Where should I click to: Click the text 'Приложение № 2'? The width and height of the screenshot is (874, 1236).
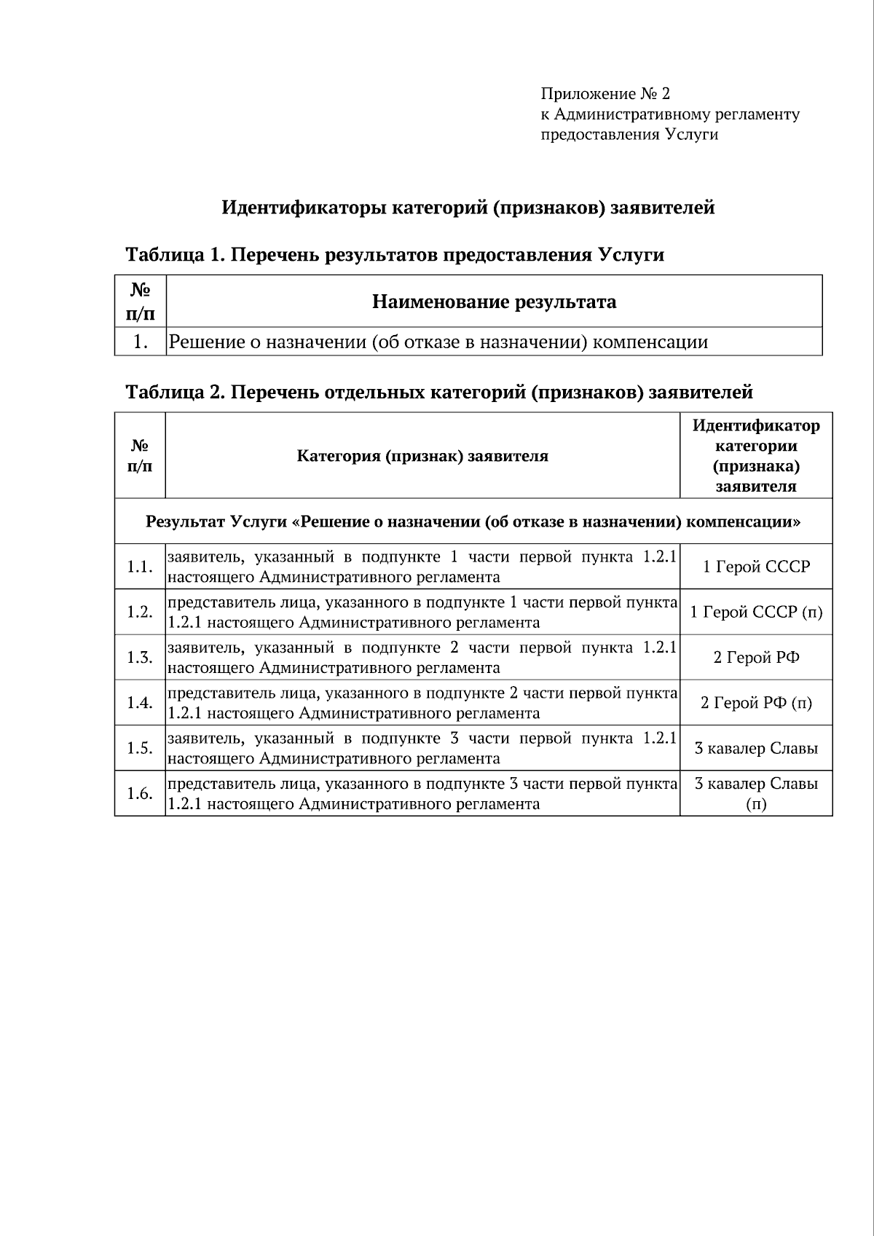[605, 94]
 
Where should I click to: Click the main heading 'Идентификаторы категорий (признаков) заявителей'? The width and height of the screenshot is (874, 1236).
[468, 208]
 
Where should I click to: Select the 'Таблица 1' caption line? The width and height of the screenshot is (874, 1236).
[395, 255]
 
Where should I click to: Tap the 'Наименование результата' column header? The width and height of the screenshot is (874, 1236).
[494, 302]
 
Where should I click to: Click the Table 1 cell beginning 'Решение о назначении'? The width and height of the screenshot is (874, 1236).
[438, 342]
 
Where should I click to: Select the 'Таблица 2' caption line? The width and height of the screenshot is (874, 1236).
[439, 392]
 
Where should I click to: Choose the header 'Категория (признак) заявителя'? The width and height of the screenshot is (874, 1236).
[422, 456]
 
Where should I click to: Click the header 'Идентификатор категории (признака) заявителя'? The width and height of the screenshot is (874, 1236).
[756, 456]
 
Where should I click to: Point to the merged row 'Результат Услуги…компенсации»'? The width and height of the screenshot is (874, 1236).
[473, 521]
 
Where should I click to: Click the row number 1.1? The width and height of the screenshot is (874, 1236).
[140, 567]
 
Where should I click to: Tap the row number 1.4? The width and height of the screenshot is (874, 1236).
[140, 703]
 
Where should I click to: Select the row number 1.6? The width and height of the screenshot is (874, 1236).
[140, 793]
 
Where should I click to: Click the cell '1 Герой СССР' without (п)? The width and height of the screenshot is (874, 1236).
[756, 567]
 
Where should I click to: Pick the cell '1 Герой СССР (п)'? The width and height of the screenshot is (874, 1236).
[756, 612]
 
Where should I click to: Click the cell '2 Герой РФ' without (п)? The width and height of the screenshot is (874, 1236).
[756, 658]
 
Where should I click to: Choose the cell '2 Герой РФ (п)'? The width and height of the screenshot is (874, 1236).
[756, 703]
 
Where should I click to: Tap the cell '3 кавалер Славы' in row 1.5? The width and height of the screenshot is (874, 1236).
[756, 748]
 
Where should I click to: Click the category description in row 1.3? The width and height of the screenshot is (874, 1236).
[422, 658]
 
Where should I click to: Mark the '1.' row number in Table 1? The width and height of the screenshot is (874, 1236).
[141, 342]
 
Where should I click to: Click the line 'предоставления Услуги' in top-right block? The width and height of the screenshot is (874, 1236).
[629, 135]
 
